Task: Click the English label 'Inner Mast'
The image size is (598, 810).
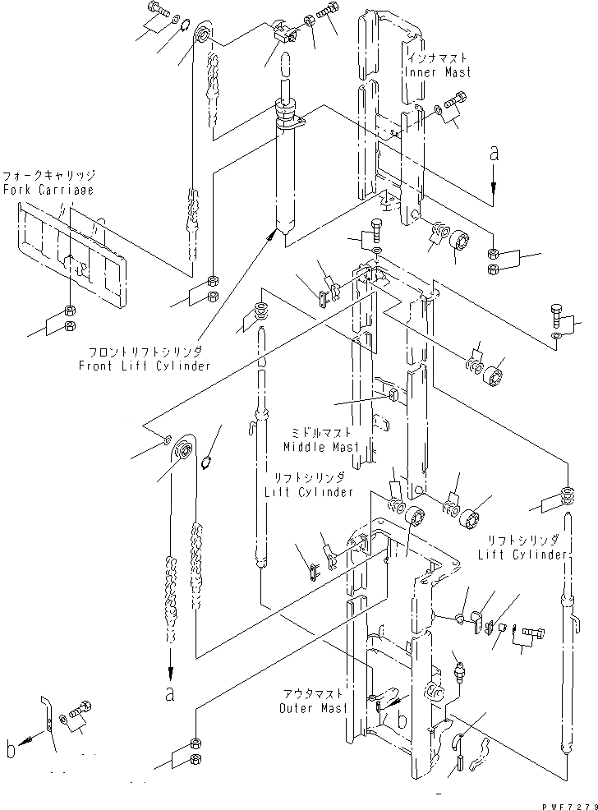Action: pos(438,72)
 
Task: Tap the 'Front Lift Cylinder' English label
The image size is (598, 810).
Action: pos(145,366)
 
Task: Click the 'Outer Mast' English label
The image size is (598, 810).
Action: pos(312,708)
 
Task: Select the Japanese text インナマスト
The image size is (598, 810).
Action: pos(439,59)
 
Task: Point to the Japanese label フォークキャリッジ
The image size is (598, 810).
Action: pos(48,177)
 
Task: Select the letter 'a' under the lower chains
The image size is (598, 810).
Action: pos(170,694)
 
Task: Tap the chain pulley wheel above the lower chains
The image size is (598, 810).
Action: pos(182,450)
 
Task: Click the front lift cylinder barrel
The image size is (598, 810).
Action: pos(287,173)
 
